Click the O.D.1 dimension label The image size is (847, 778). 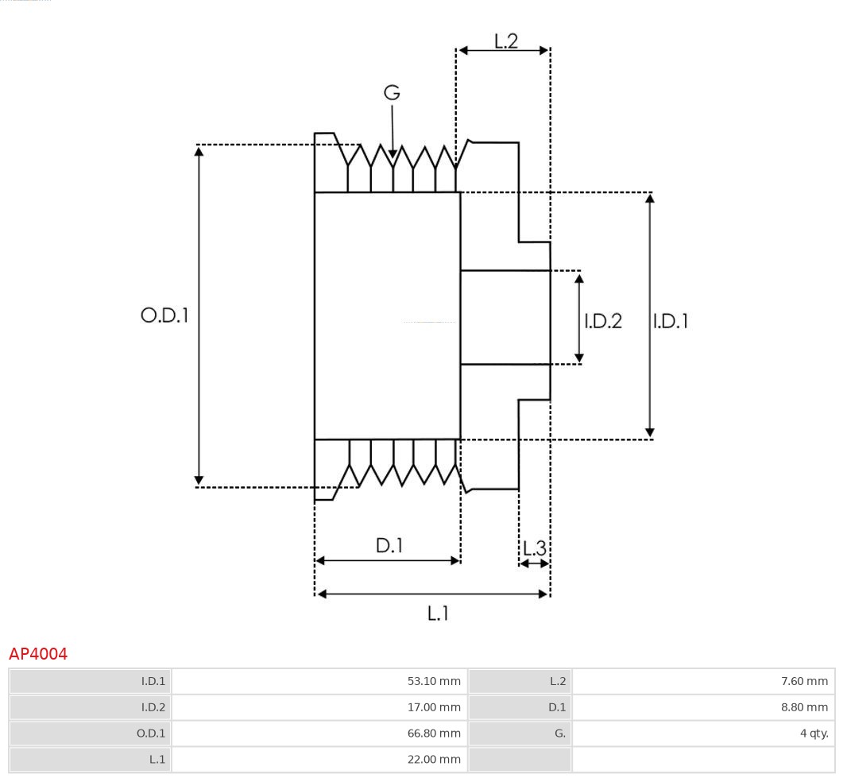point(164,315)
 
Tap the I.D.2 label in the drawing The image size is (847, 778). point(603,321)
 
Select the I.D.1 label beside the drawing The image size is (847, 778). point(671,321)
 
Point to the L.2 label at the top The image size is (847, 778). point(505,41)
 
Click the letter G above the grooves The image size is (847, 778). point(392,93)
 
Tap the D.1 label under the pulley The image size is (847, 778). point(389,546)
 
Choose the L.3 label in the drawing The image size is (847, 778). point(535,548)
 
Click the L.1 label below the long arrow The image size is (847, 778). point(439,613)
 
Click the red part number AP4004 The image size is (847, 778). point(38,654)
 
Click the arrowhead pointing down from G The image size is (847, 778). point(393,153)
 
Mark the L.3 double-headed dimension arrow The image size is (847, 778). point(534,563)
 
